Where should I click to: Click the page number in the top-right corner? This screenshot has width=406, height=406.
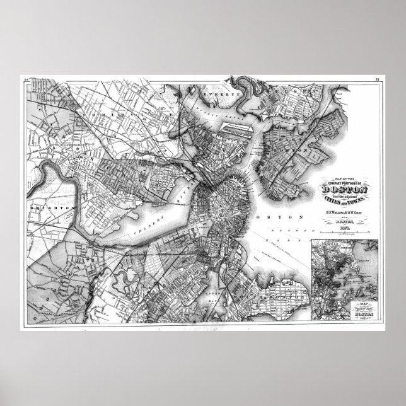[377, 79]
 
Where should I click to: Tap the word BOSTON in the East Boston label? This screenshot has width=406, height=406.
[296, 151]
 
